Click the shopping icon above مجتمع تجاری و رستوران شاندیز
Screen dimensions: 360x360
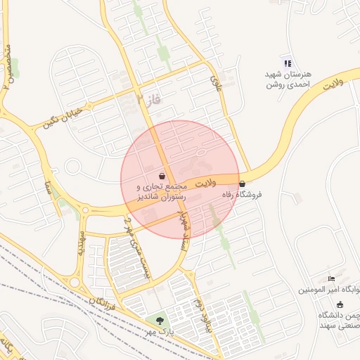click(162, 176)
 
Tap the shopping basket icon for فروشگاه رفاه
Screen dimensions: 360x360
click(243, 184)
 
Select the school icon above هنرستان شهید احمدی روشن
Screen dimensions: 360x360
click(286, 63)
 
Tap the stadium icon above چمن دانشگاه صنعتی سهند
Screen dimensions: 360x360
click(340, 304)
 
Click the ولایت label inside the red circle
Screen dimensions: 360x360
click(205, 183)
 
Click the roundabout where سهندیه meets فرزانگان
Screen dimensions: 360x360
click(74, 282)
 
